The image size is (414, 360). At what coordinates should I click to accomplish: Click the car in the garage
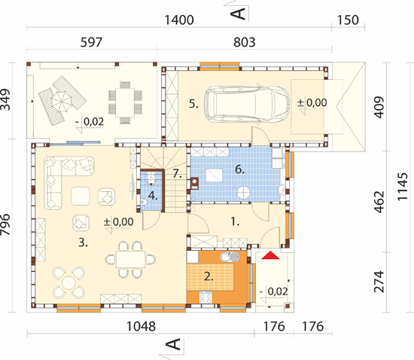247,105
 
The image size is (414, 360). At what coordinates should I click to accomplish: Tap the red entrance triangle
270,255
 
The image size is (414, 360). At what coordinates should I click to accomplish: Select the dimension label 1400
179,20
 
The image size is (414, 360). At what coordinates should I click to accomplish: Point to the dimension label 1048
141,326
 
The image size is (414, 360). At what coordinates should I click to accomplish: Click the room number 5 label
193,104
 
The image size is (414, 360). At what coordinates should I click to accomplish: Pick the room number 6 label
239,169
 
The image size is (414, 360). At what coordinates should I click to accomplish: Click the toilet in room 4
151,178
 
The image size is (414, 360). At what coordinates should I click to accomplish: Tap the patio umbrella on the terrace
61,102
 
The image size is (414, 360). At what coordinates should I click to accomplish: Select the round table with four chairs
68,283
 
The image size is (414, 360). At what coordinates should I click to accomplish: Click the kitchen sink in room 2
230,256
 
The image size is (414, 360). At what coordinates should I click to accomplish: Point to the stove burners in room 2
205,297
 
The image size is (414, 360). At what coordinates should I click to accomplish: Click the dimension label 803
244,42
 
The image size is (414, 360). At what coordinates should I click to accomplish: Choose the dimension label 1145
403,187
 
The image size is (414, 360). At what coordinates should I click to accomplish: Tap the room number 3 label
83,243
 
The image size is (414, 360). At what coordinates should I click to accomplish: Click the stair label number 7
177,173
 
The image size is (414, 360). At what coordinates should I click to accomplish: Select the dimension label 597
91,42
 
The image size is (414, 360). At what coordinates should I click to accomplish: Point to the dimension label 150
348,20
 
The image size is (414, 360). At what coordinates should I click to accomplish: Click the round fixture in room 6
243,193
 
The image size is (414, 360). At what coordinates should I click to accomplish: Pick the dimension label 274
379,282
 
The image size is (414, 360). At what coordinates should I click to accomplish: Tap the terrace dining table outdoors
125,102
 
